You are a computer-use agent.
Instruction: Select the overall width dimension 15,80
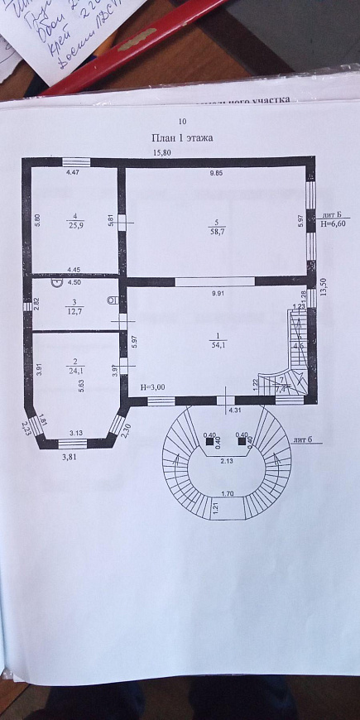tap(161, 153)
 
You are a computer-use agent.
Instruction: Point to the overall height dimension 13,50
tap(325, 286)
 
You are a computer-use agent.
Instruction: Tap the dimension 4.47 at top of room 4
tap(74, 173)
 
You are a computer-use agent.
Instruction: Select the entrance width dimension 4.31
tap(236, 410)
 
